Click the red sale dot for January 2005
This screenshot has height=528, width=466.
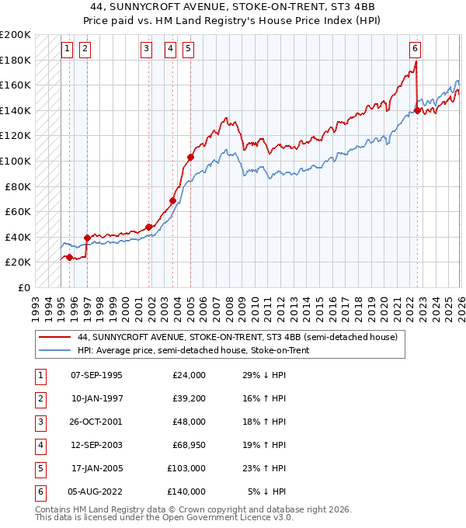tap(190, 158)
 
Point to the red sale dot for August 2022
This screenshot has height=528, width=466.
tap(418, 110)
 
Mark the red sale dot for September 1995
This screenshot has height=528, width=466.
tap(70, 257)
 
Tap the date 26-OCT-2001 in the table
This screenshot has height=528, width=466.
tap(97, 423)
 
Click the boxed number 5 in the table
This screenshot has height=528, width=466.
tap(39, 468)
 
